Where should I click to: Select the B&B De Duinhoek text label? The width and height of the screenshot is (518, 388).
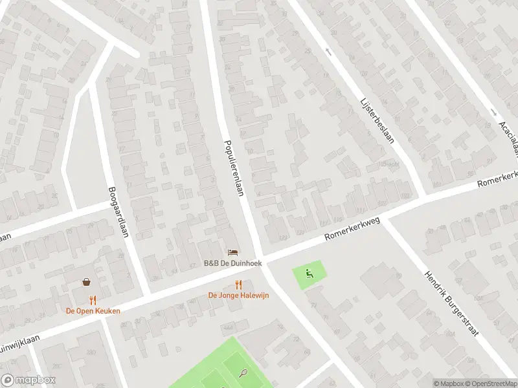(232, 263)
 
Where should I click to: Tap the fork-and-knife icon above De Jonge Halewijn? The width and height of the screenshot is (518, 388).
(238, 285)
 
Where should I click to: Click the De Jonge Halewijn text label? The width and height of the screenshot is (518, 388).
(238, 296)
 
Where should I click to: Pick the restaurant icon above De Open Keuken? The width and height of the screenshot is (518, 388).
(93, 299)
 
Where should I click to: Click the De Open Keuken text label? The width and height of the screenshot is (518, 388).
(93, 310)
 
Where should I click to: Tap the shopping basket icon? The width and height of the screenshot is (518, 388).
(86, 282)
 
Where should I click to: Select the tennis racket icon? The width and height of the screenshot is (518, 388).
(243, 372)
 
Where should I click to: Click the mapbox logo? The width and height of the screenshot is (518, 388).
(28, 380)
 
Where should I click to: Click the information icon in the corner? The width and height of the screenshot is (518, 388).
(437, 383)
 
